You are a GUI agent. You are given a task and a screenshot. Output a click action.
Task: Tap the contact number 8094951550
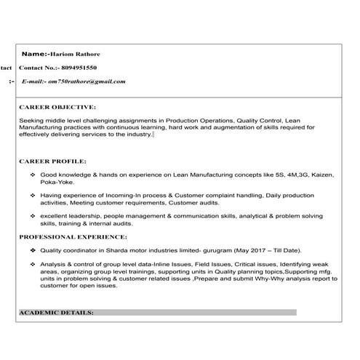pos(86,68)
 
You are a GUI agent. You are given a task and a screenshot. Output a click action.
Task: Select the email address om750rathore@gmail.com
pos(87,81)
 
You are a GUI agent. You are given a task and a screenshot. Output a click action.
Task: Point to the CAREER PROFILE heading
pos(52,161)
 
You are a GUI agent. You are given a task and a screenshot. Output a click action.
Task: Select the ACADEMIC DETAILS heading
pos(56,312)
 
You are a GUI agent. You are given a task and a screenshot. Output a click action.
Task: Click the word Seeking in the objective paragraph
pos(33,119)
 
